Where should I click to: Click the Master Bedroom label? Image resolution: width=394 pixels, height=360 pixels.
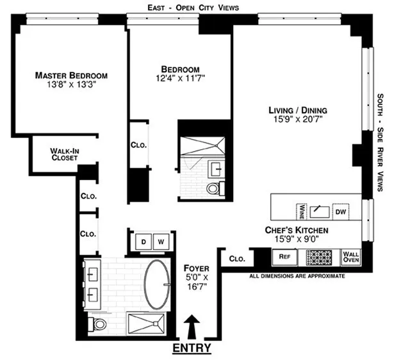tap(71, 75)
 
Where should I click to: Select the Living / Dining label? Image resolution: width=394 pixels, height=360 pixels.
tap(299, 111)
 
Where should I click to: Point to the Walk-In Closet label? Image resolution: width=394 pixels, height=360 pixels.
tap(65, 154)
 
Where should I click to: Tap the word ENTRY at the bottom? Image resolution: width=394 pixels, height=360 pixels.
tap(192, 349)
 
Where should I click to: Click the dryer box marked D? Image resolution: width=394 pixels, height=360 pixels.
tap(144, 242)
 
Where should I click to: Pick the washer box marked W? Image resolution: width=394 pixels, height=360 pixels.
tap(161, 242)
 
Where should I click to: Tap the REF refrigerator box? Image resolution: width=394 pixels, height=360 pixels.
tap(285, 256)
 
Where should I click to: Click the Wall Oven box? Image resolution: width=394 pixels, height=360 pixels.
tap(351, 256)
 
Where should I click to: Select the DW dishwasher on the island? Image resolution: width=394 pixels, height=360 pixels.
tap(340, 211)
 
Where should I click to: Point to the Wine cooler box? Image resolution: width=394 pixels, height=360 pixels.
tap(300, 211)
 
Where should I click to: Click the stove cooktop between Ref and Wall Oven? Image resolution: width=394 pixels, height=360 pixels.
tap(318, 256)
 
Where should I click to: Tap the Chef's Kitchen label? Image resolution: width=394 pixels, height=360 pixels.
tap(297, 230)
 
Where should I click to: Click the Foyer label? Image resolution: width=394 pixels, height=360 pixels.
tap(193, 268)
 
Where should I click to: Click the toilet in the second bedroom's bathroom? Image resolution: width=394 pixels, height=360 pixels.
tap(215, 189)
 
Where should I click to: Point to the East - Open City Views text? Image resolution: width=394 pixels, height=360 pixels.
tap(192, 7)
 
